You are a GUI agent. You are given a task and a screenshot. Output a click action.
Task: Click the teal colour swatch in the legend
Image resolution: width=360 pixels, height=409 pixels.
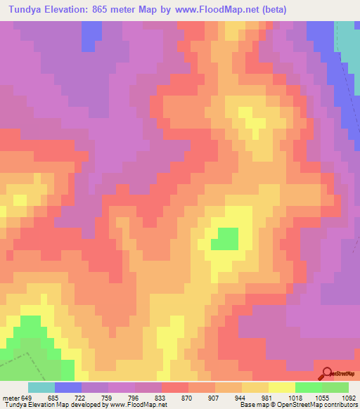point(41,387)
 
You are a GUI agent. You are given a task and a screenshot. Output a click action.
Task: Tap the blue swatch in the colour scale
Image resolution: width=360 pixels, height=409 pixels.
point(68,387)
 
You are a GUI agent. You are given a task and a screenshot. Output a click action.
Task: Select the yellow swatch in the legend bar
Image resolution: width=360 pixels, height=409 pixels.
point(282,387)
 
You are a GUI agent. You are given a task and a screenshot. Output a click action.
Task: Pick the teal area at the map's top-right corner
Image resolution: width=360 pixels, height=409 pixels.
point(347,42)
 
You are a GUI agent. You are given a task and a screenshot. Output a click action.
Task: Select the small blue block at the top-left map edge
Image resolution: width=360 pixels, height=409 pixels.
point(89,35)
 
